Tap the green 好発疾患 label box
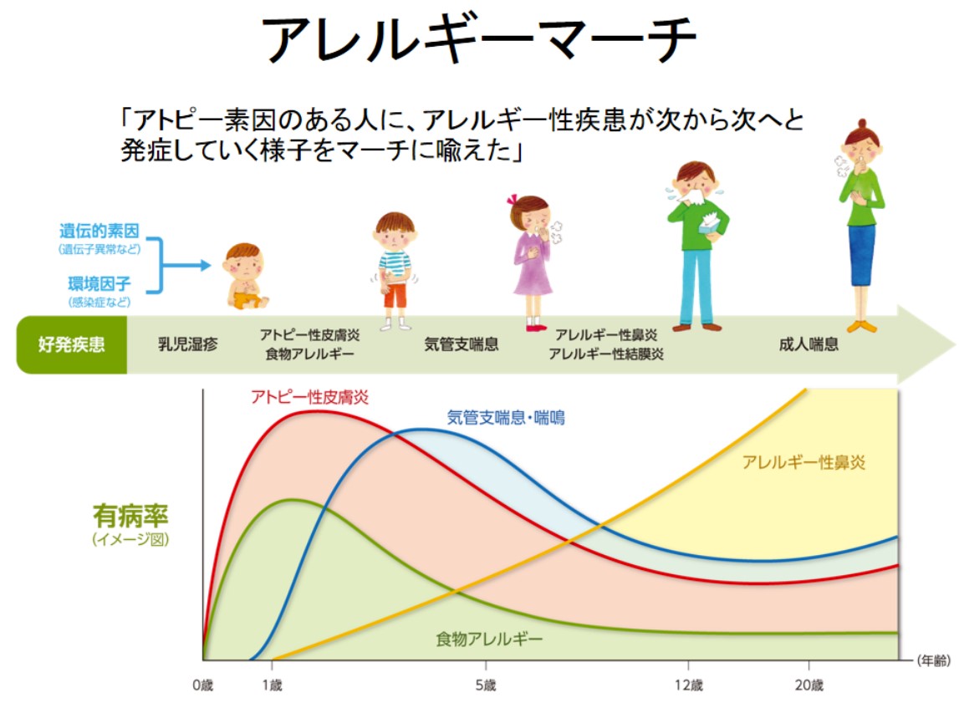click(x=72, y=344)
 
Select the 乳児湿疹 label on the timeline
click(x=188, y=344)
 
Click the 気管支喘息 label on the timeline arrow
click(x=462, y=344)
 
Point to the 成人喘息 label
click(x=809, y=344)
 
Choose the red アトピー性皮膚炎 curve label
click(x=310, y=397)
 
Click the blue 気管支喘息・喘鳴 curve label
click(x=506, y=417)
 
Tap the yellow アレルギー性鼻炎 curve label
click(x=803, y=462)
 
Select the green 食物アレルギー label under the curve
click(x=489, y=640)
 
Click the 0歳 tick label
click(x=203, y=686)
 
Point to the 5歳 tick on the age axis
click(x=485, y=686)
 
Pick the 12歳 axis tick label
click(x=690, y=686)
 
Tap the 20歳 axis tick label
click(x=809, y=686)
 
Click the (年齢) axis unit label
click(x=932, y=661)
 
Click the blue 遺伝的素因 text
click(x=99, y=232)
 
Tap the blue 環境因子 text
click(x=99, y=283)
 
